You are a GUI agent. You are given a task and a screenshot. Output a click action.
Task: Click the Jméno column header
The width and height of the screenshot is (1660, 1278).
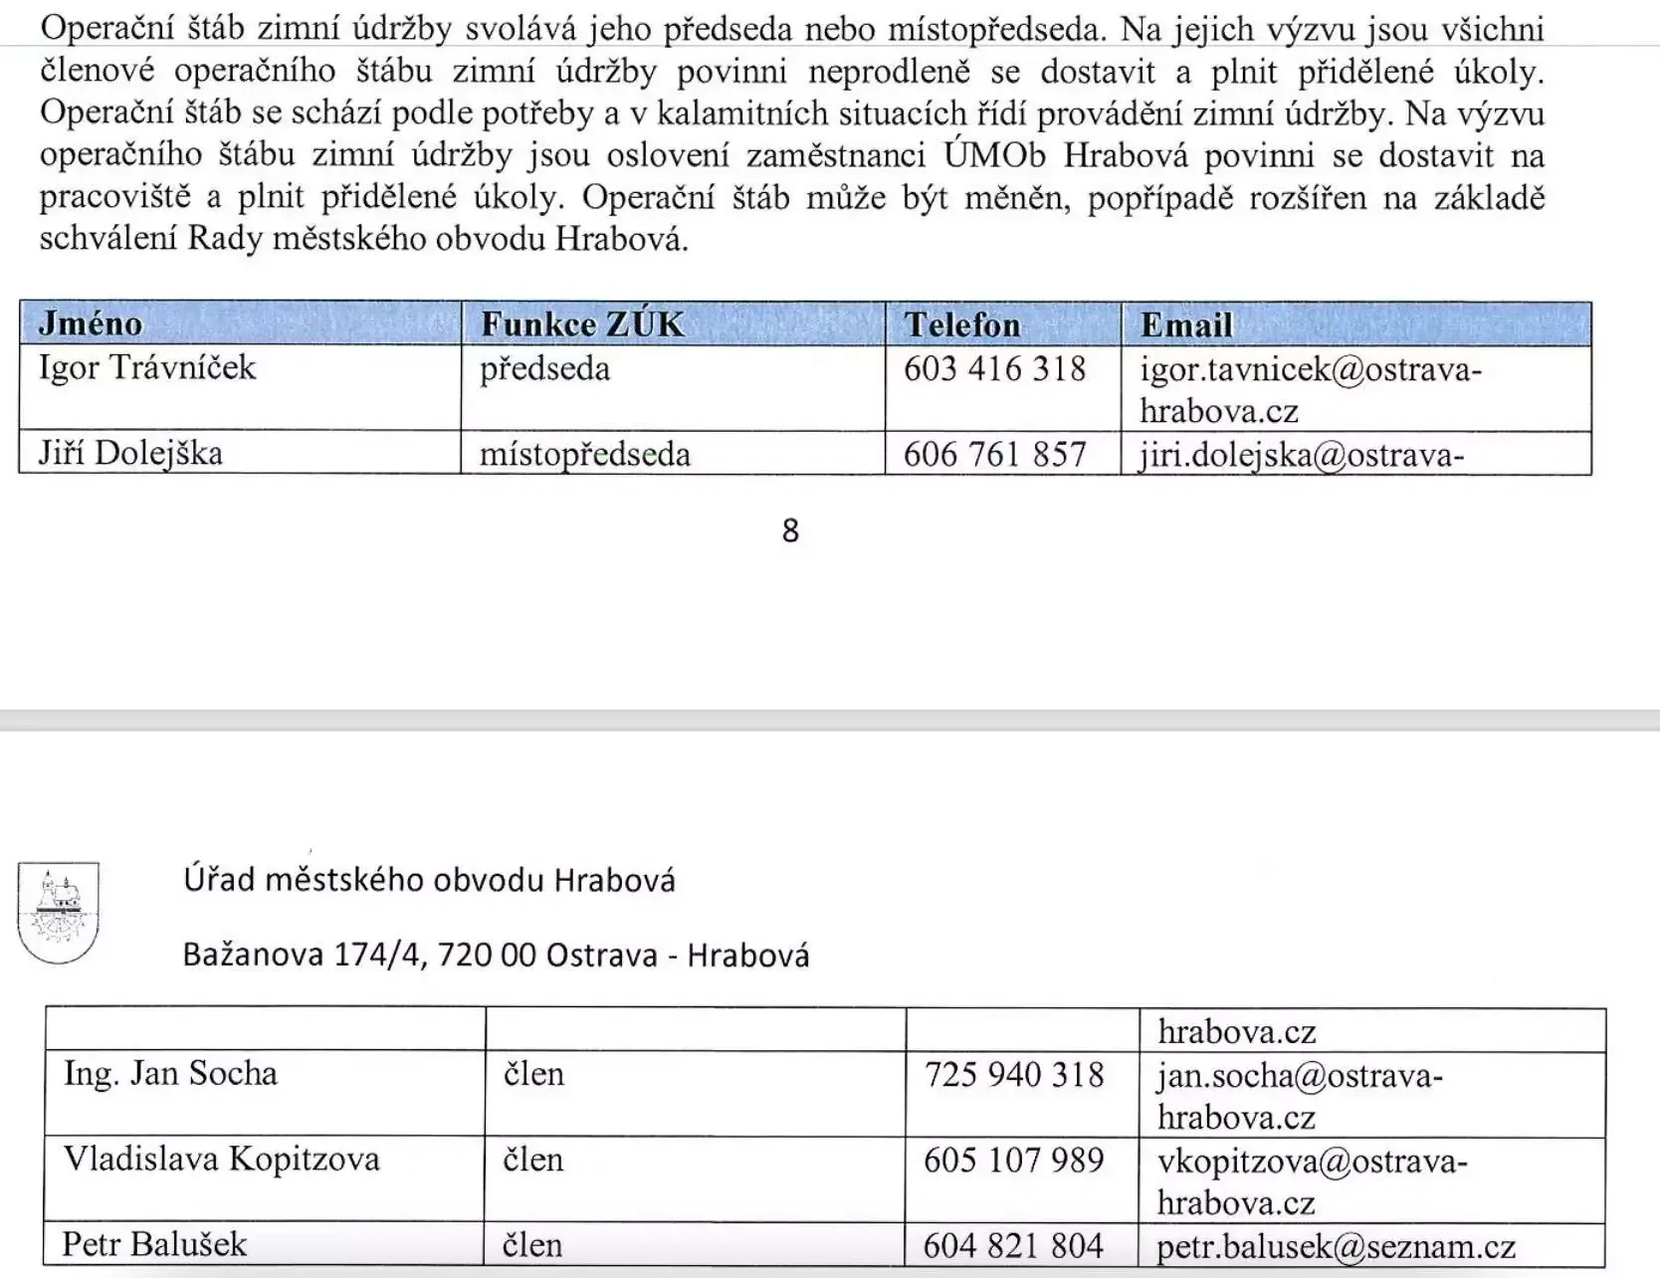pyautogui.click(x=91, y=324)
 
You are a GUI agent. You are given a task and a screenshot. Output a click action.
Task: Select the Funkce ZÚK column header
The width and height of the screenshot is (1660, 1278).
pyautogui.click(x=582, y=324)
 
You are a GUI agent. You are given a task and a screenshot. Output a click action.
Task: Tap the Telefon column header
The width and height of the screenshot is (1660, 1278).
pyautogui.click(x=961, y=325)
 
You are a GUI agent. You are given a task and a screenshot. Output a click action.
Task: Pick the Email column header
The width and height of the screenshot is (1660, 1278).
pyautogui.click(x=1185, y=325)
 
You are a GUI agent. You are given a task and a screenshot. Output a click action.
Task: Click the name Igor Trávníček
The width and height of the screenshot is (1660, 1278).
pyautogui.click(x=147, y=368)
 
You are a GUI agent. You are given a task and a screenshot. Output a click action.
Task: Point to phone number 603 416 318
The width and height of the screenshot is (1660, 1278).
pyautogui.click(x=994, y=369)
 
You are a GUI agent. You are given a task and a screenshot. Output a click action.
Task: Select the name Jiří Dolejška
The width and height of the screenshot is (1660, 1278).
pyautogui.click(x=130, y=454)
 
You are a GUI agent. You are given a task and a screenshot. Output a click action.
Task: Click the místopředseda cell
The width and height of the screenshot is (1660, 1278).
pyautogui.click(x=584, y=455)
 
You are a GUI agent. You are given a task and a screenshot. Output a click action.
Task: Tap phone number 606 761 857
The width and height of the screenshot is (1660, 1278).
pyautogui.click(x=994, y=455)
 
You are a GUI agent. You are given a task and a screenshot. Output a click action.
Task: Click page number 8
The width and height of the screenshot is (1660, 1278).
pyautogui.click(x=790, y=531)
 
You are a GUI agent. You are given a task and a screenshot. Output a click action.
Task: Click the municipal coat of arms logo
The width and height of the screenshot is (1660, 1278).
pyautogui.click(x=59, y=912)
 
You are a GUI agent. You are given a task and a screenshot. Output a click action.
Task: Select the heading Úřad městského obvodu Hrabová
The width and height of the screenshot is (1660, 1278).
pyautogui.click(x=429, y=880)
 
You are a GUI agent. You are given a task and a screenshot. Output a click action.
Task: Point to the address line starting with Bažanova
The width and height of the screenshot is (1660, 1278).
pyautogui.click(x=496, y=956)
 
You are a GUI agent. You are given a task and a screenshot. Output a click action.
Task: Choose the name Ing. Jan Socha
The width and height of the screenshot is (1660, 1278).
pyautogui.click(x=170, y=1074)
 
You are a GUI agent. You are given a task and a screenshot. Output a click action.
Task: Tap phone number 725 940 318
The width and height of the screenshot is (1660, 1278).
pyautogui.click(x=1014, y=1075)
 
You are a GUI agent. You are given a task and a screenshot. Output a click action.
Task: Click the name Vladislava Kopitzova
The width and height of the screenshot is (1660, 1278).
pyautogui.click(x=221, y=1160)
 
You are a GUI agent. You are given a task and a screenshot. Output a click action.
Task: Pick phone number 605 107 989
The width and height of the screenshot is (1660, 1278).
pyautogui.click(x=1013, y=1161)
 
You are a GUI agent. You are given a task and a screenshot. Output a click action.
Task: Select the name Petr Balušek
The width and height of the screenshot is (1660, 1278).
pyautogui.click(x=154, y=1245)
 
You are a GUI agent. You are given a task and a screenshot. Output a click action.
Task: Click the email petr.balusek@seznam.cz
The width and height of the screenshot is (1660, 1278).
pyautogui.click(x=1336, y=1247)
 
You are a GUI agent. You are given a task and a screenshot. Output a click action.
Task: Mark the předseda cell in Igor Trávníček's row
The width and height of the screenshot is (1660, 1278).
pyautogui.click(x=544, y=369)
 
